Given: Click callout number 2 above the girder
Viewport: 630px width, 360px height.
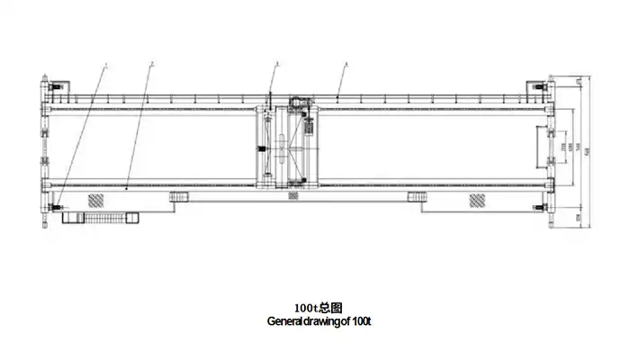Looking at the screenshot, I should pyautogui.click(x=152, y=64).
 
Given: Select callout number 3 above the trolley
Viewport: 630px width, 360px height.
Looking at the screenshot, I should pyautogui.click(x=277, y=64).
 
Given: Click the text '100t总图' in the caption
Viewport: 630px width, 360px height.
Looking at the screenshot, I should pyautogui.click(x=314, y=308).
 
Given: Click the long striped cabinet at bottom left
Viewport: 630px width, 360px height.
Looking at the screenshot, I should pyautogui.click(x=105, y=217).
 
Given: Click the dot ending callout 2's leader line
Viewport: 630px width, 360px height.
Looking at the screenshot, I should pyautogui.click(x=127, y=188).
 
